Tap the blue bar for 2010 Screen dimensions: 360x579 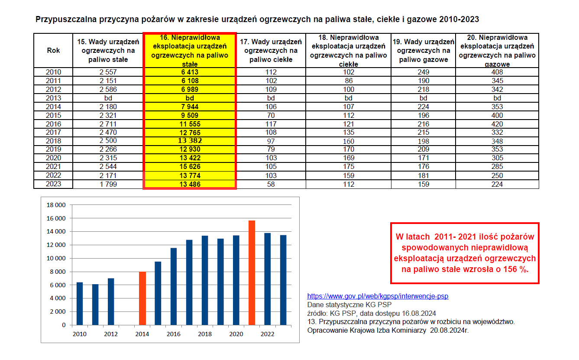[80, 303]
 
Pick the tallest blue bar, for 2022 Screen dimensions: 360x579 [268, 279]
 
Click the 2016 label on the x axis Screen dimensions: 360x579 [174, 334]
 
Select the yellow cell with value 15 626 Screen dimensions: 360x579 [190, 167]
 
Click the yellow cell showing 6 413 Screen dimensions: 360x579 [190, 72]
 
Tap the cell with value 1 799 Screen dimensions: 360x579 [108, 184]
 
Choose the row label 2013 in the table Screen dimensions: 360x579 [53, 98]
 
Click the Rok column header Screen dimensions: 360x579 [53, 50]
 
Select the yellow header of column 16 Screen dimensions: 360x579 [190, 51]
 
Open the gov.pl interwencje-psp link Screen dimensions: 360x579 [378, 296]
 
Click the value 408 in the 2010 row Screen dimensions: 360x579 [497, 72]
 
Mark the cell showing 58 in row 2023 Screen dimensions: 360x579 [271, 184]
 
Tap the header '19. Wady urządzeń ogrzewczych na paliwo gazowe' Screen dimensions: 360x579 [424, 51]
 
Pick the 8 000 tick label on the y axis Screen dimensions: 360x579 [58, 272]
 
